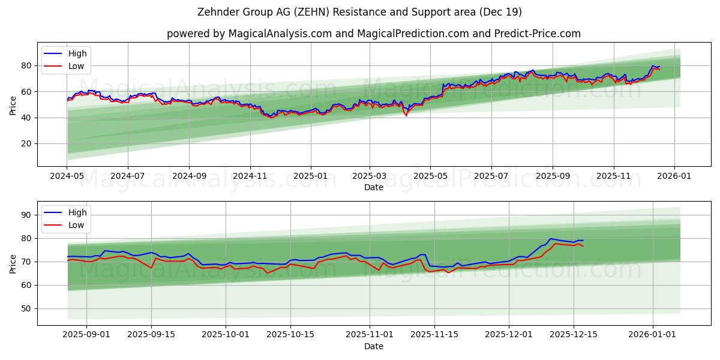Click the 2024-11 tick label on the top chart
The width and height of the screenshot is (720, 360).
250,176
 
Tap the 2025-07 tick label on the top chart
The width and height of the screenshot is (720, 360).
491,176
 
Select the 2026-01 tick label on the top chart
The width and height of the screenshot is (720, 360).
674,176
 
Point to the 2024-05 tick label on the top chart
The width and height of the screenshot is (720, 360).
67,176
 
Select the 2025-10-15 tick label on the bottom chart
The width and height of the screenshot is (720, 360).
290,335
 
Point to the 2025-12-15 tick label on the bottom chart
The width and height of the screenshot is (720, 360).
573,335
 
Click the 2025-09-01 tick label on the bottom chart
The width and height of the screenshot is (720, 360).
86,335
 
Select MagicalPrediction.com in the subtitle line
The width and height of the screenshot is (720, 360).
412,34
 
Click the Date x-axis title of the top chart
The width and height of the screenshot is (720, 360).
373,187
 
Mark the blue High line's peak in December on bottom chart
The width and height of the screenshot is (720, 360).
551,239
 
